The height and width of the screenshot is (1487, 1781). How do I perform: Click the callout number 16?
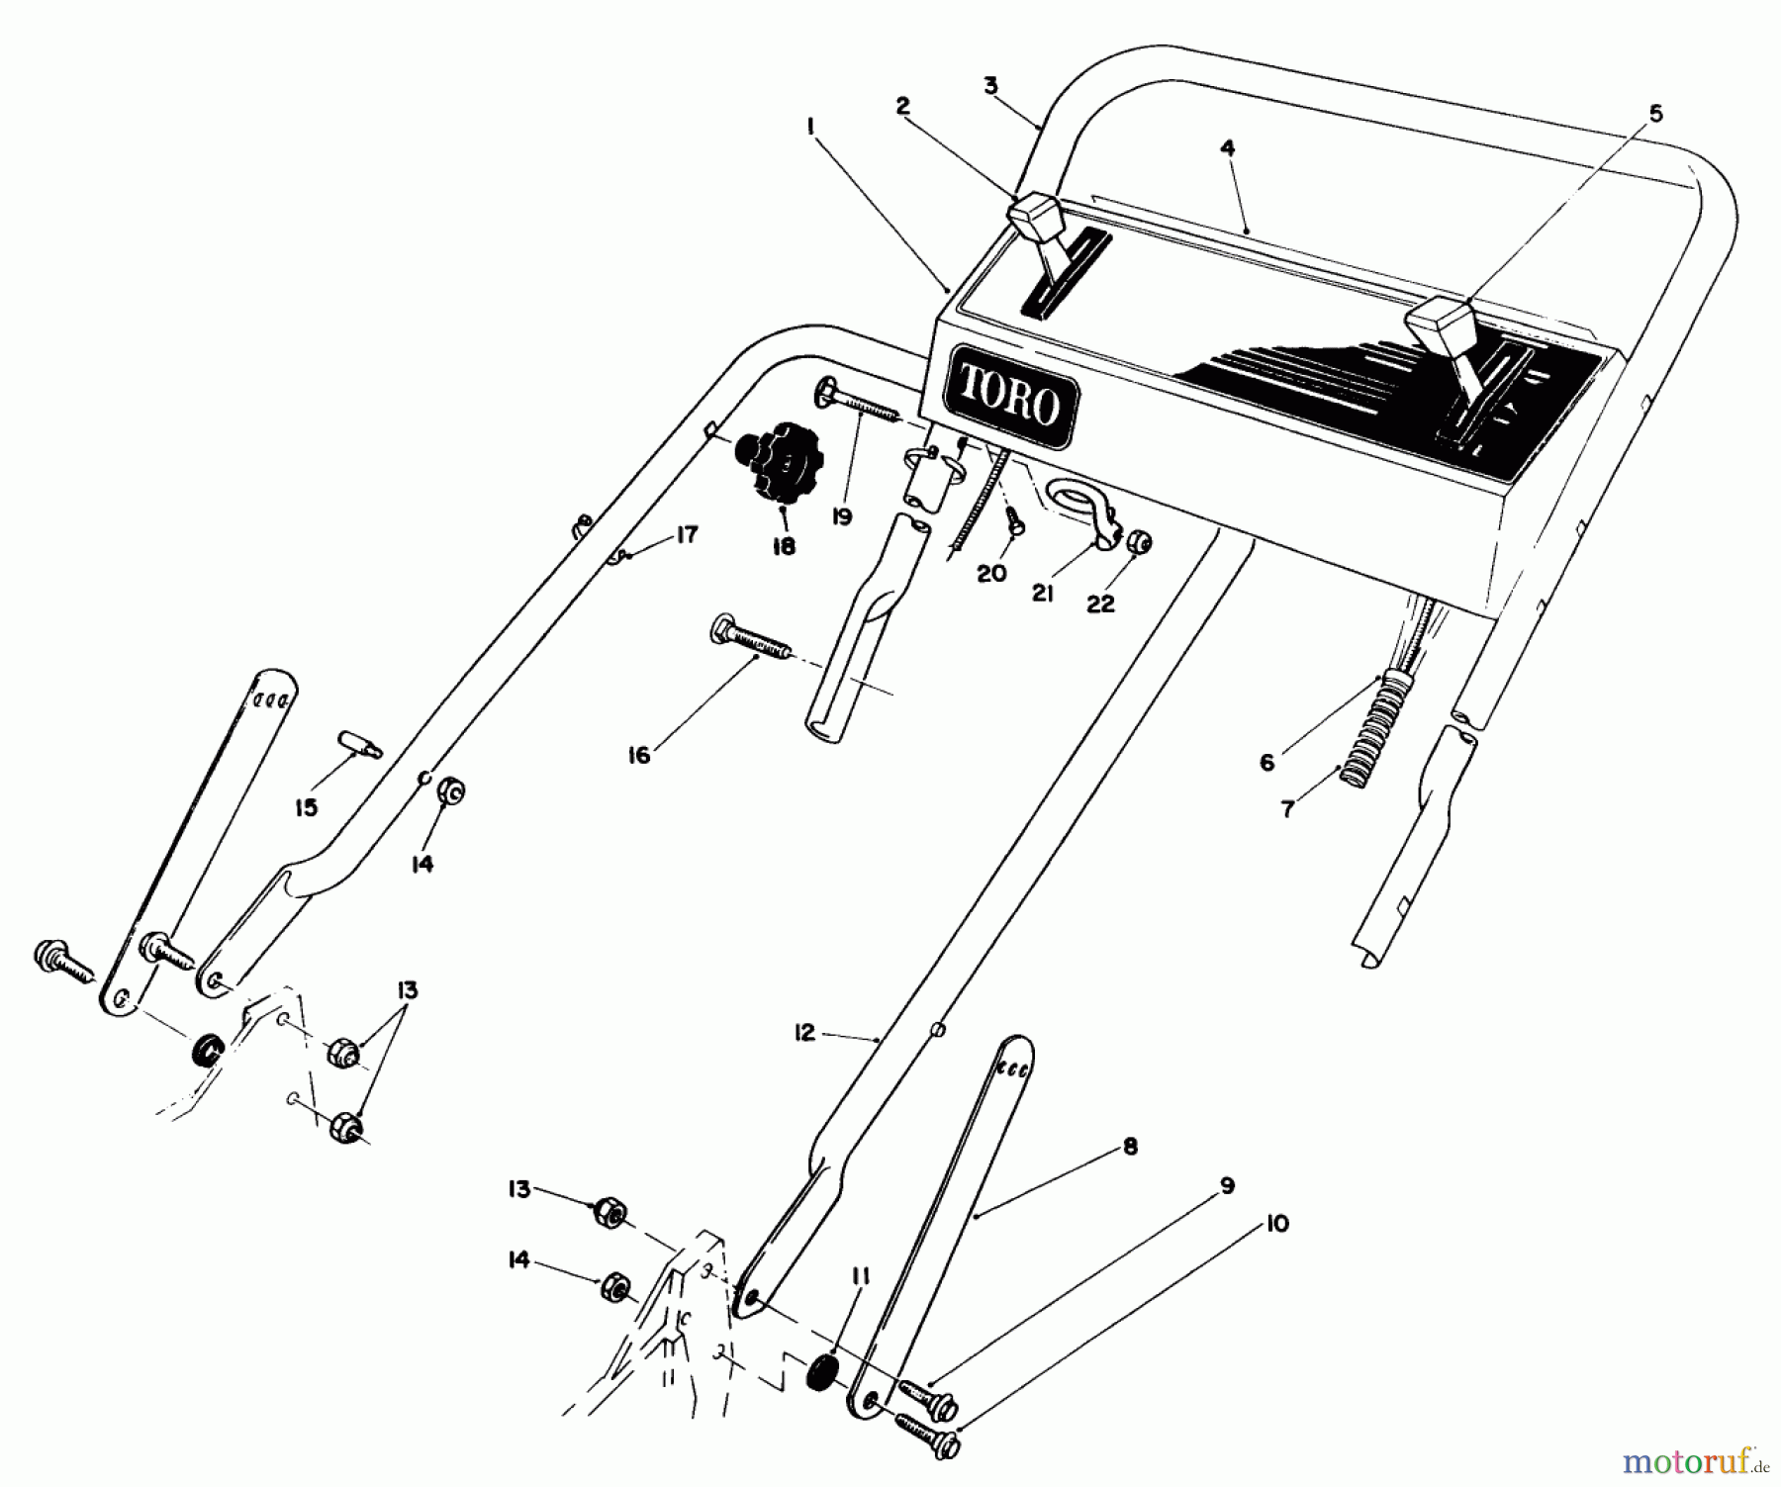tap(639, 756)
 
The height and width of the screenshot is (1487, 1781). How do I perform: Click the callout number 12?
tap(803, 1033)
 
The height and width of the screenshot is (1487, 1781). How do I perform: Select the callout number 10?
tap(1276, 1224)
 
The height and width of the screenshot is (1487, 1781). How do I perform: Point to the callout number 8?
tap(1131, 1147)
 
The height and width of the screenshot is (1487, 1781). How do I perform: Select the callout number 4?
tap(1227, 148)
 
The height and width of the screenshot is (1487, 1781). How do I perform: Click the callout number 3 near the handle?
tap(991, 85)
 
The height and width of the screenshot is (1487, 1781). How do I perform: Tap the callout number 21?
tap(1043, 594)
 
